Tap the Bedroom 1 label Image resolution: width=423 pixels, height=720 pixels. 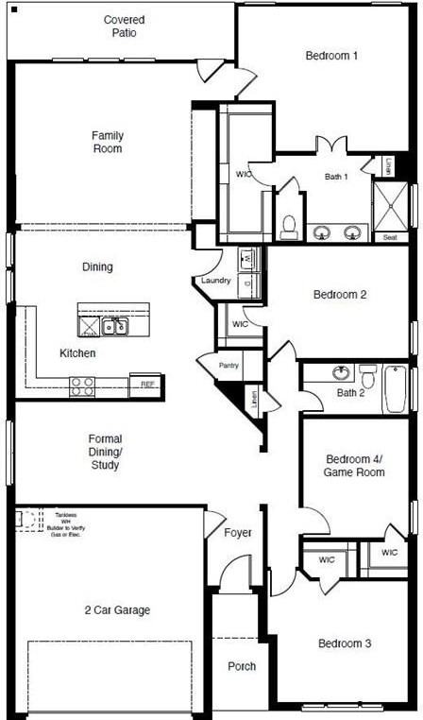(331, 56)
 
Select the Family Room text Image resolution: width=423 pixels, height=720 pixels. (108, 142)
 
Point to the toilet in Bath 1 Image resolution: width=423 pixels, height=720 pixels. (289, 227)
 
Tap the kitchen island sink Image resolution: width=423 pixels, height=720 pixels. (115, 327)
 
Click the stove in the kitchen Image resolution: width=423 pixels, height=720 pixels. (82, 386)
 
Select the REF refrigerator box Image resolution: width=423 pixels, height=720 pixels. (146, 385)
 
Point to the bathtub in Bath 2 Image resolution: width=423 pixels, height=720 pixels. (395, 389)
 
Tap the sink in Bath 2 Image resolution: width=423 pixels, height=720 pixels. (341, 373)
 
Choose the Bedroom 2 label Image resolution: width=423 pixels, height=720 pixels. (340, 295)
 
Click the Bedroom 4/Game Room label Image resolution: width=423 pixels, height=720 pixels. (354, 464)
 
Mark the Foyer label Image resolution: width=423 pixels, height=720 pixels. (238, 533)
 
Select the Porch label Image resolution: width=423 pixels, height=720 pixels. (242, 666)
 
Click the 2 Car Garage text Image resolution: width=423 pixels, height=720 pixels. (118, 610)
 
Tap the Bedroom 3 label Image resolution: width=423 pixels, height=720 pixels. (344, 643)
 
